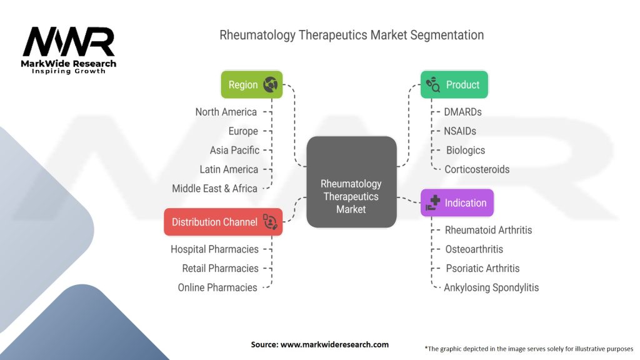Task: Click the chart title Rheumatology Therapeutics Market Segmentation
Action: tap(351, 35)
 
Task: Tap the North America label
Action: tap(226, 112)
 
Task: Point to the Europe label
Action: tap(242, 131)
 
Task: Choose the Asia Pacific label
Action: tap(234, 150)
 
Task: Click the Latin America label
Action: tap(229, 169)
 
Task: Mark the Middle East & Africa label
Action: tap(214, 188)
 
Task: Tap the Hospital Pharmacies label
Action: tap(214, 249)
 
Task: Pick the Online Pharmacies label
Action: tap(217, 287)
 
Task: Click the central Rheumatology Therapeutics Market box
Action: tap(351, 196)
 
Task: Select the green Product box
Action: tap(454, 84)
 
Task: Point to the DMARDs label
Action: tap(463, 112)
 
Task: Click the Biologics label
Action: tap(466, 150)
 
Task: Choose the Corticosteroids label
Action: tap(477, 169)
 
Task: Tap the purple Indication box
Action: tap(457, 203)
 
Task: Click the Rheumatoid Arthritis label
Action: tap(488, 230)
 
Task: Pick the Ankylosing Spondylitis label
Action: tap(491, 287)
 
